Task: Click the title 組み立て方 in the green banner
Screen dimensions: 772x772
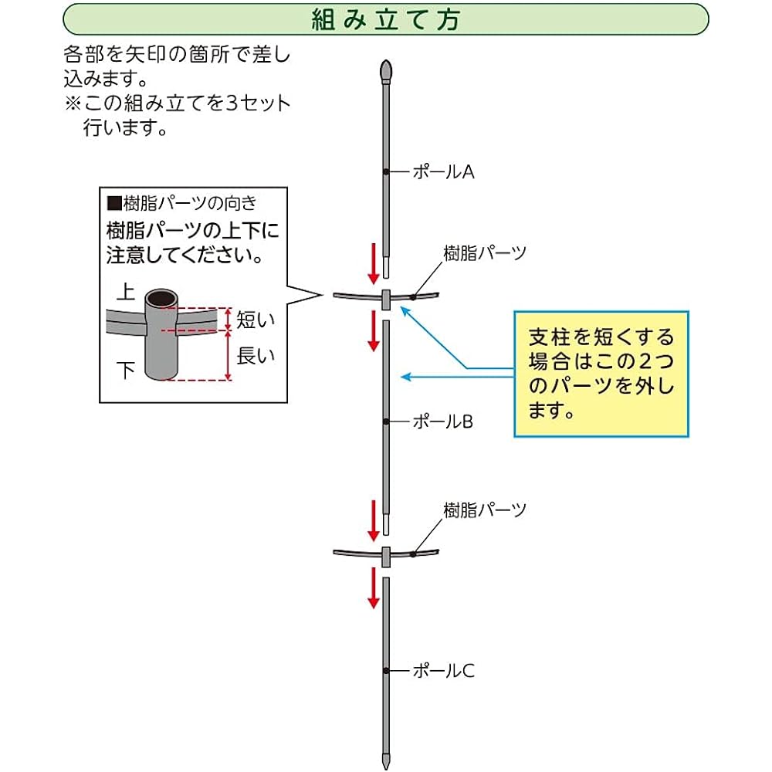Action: click(x=386, y=20)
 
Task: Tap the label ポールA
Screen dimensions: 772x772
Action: click(x=443, y=172)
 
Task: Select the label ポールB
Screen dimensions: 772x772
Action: click(x=442, y=422)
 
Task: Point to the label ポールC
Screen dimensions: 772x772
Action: click(x=443, y=671)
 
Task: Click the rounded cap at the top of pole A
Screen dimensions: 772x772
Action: click(x=386, y=71)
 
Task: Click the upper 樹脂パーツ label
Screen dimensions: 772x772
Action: click(x=485, y=253)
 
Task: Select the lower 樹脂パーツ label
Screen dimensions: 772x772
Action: click(x=485, y=510)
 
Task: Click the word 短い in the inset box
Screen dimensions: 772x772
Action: click(x=255, y=320)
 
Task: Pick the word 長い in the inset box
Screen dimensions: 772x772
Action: click(x=255, y=355)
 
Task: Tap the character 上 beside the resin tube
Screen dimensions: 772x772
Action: click(x=126, y=292)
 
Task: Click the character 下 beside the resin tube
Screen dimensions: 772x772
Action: click(x=126, y=371)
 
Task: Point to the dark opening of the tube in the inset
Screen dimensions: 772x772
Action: click(x=161, y=298)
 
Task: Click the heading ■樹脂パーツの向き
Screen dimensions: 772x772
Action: click(x=182, y=203)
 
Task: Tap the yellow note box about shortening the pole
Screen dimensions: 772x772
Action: click(x=601, y=374)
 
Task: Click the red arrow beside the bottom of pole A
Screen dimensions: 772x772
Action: click(x=374, y=263)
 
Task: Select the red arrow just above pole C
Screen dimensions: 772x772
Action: click(x=374, y=587)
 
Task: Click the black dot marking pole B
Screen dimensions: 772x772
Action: click(x=386, y=422)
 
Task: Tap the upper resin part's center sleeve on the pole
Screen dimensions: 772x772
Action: click(x=386, y=300)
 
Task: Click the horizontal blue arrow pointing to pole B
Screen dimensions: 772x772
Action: click(x=457, y=378)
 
